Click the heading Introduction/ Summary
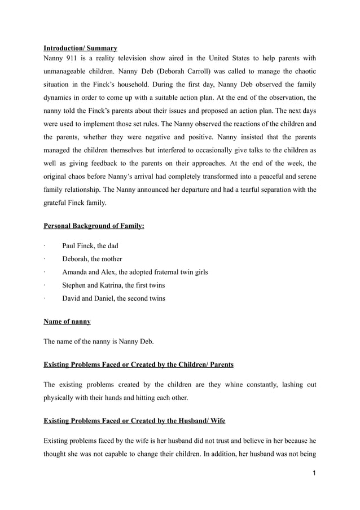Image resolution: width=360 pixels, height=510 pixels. click(x=80, y=49)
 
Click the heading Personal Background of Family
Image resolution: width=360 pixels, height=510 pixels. click(x=94, y=226)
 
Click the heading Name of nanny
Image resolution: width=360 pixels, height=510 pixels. click(x=67, y=322)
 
